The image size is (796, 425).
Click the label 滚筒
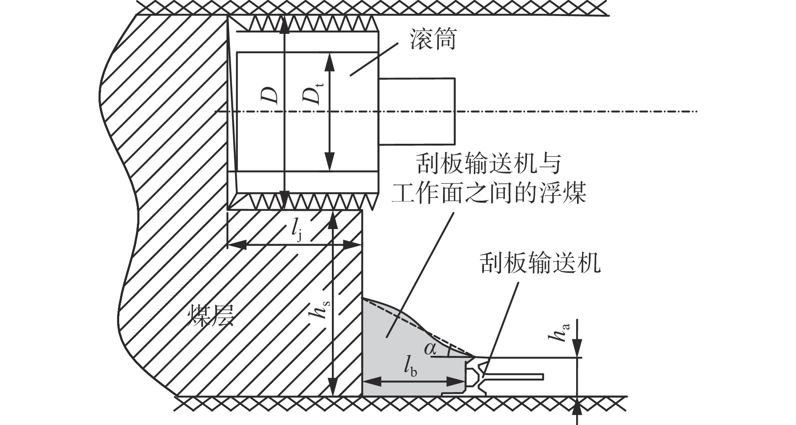pos(433,41)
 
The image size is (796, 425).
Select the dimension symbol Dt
pos(314,95)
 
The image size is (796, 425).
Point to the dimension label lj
pos(296,231)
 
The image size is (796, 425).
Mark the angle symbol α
pos(430,348)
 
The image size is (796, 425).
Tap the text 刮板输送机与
pos(488,164)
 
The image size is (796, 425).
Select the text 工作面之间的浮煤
pos(489,194)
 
